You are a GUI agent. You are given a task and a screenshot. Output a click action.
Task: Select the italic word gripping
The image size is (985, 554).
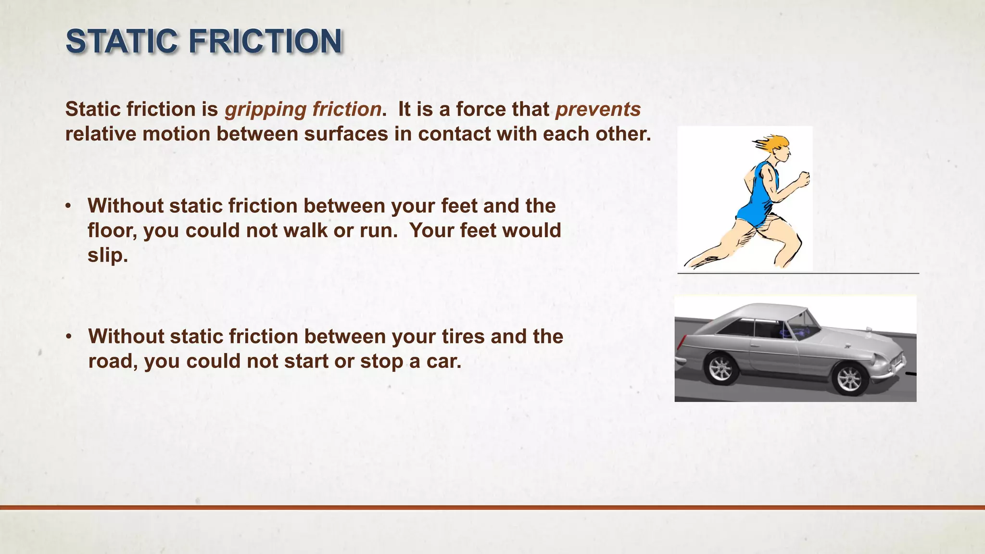coord(265,110)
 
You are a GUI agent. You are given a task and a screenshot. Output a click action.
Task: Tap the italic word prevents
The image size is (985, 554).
coord(598,110)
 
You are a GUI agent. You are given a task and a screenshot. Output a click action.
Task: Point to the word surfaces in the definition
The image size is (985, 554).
coord(346,134)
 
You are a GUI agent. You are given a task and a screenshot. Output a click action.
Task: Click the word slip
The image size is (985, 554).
coord(107,255)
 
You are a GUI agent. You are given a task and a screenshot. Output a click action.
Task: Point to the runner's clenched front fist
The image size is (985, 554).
coord(803,179)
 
